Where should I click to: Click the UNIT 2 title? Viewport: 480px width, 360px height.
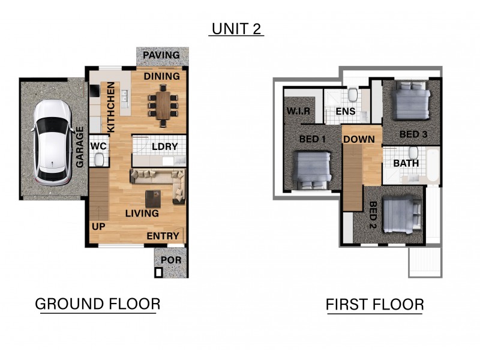[x=236, y=29]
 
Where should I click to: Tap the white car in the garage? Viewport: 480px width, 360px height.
[x=53, y=143]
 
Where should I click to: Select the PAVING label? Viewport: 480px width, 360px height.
[x=161, y=55]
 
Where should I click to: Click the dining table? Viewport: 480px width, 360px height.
[x=163, y=106]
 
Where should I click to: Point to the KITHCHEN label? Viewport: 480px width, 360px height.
[x=111, y=107]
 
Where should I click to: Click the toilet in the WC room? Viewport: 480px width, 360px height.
[x=99, y=160]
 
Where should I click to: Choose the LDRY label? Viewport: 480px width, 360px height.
[x=164, y=146]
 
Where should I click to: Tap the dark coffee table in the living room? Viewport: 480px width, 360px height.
[x=153, y=199]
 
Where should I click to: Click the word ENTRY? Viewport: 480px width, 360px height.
[x=163, y=236]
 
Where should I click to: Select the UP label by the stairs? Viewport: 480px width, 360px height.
[x=98, y=227]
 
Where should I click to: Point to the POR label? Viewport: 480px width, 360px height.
[x=171, y=260]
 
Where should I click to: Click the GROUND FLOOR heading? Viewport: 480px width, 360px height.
[x=98, y=304]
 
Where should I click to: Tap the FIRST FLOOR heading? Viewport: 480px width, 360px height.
[x=375, y=305]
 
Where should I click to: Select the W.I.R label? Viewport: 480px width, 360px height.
[x=298, y=111]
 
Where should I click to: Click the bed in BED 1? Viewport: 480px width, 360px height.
[x=313, y=170]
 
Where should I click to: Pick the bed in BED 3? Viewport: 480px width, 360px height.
[x=411, y=100]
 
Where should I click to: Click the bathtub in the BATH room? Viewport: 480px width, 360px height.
[x=432, y=164]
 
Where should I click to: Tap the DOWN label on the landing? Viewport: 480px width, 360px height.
[x=359, y=139]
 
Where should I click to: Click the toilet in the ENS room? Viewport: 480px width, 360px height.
[x=353, y=95]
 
